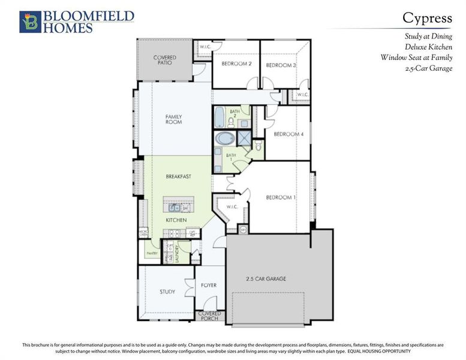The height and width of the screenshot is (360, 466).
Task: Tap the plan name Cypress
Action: [427, 18]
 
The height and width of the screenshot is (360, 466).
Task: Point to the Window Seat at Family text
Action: [416, 58]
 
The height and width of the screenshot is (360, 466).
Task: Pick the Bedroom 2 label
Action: [236, 64]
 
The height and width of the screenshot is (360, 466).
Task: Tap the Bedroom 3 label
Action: [281, 65]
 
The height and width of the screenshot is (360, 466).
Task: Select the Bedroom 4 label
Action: [288, 134]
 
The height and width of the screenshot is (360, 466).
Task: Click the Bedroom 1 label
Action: [280, 197]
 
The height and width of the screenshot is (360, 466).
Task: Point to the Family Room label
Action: [174, 119]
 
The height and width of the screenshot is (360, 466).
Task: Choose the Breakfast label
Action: [179, 176]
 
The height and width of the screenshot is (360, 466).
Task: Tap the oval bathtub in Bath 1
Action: [226, 139]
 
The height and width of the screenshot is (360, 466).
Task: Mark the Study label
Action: [167, 292]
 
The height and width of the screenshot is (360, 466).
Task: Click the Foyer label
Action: [209, 285]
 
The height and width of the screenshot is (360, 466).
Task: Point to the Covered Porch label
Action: [209, 316]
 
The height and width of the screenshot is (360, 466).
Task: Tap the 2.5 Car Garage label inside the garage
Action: [265, 279]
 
